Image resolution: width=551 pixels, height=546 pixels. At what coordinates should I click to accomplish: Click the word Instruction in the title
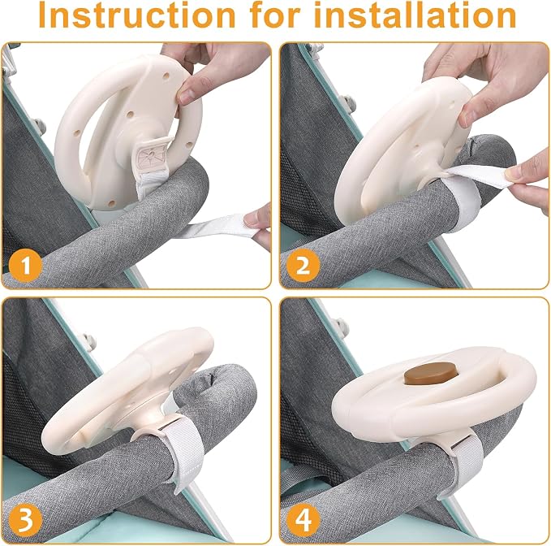pos(136,15)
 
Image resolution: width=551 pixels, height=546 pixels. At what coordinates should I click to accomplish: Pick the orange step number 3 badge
pos(26,520)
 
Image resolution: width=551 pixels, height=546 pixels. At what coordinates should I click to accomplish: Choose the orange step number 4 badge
pos(303,520)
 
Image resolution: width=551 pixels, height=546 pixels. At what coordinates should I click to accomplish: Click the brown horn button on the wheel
pos(431,374)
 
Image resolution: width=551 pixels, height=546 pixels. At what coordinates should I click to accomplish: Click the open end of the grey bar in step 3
pos(212,380)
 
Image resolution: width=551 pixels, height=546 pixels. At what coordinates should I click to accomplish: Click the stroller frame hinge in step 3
pos(90,342)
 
